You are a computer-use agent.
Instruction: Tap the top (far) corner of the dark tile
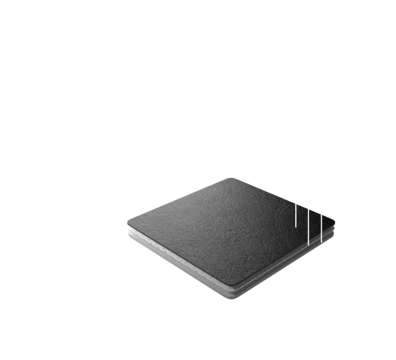point(229,176)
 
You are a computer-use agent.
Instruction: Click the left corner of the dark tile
point(128,220)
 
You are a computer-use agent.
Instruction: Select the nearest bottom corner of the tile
point(235,294)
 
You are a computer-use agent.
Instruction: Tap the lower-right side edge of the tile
point(288,263)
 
